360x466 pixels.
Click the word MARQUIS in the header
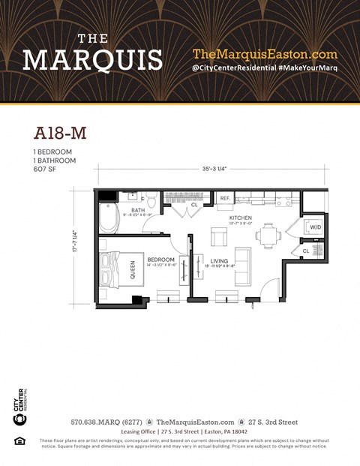point(92,59)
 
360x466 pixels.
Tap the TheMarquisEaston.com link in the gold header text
point(265,54)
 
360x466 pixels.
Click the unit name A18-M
point(60,133)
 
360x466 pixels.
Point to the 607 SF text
point(46,169)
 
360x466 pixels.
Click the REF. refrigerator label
point(224,198)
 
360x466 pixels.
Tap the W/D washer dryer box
point(315,227)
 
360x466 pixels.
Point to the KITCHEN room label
point(241,217)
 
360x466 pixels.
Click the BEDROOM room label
point(160,260)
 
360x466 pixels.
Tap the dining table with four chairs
point(268,236)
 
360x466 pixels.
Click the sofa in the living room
point(243,266)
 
